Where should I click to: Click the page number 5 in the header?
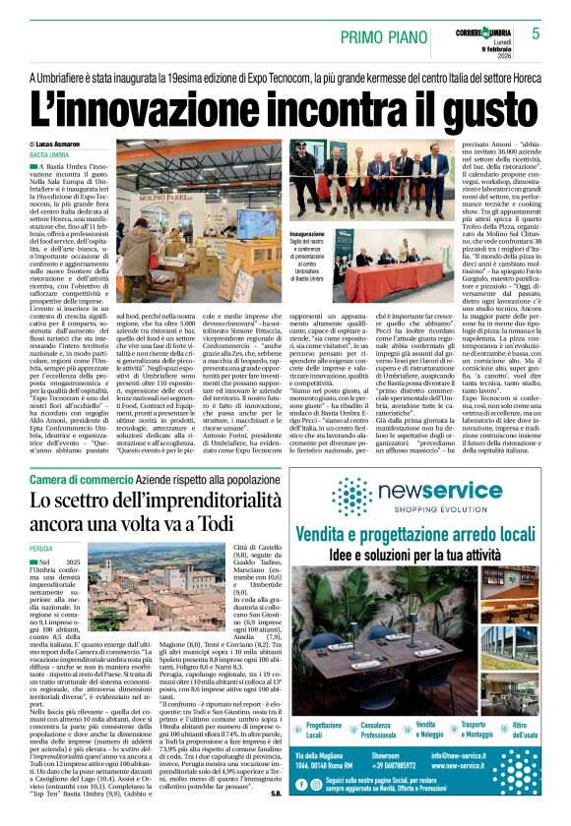point(536,32)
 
